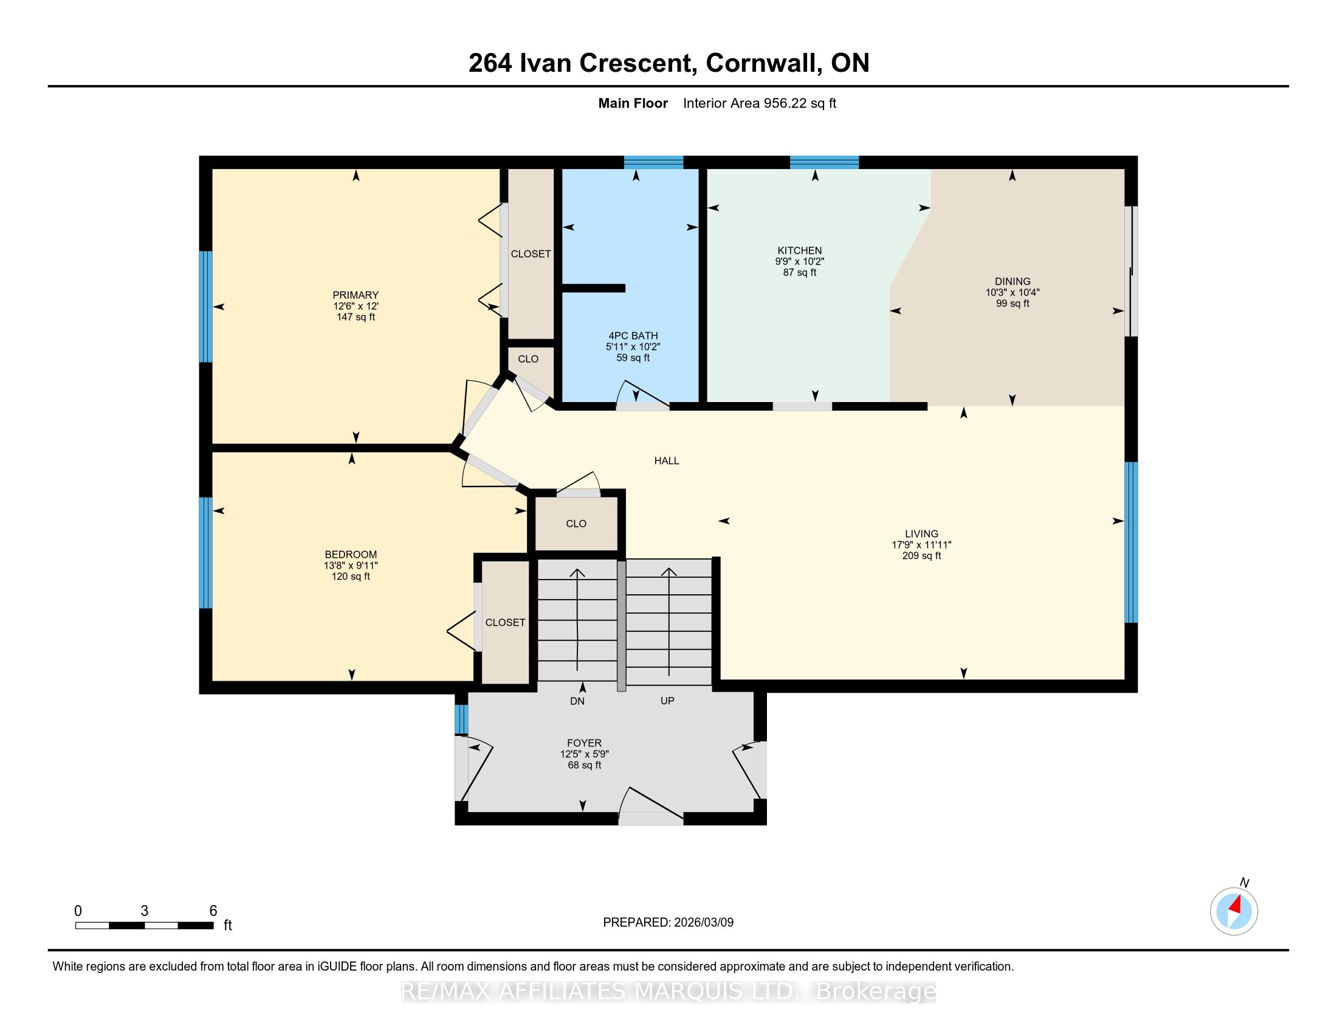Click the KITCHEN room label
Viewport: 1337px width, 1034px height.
(800, 251)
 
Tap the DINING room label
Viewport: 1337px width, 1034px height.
(1012, 282)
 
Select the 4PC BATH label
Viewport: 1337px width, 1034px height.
(633, 336)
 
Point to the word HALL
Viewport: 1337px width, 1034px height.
(667, 460)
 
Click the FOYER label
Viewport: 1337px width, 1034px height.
(584, 743)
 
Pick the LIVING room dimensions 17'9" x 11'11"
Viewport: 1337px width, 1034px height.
(921, 544)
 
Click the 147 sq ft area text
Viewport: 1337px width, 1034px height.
(356, 317)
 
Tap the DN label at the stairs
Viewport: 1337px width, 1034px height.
(577, 701)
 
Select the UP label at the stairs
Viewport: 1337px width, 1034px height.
(667, 701)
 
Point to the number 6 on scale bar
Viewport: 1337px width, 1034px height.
(213, 911)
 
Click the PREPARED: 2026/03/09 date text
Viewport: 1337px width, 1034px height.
(668, 923)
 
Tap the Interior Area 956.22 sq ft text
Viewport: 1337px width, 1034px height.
(760, 103)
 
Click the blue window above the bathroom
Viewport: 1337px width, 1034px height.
(653, 162)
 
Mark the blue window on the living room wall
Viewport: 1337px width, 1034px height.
(1132, 542)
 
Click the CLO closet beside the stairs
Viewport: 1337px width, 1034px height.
(576, 524)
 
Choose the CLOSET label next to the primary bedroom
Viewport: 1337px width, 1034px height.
(531, 254)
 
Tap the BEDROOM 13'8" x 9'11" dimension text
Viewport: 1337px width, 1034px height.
(351, 566)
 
